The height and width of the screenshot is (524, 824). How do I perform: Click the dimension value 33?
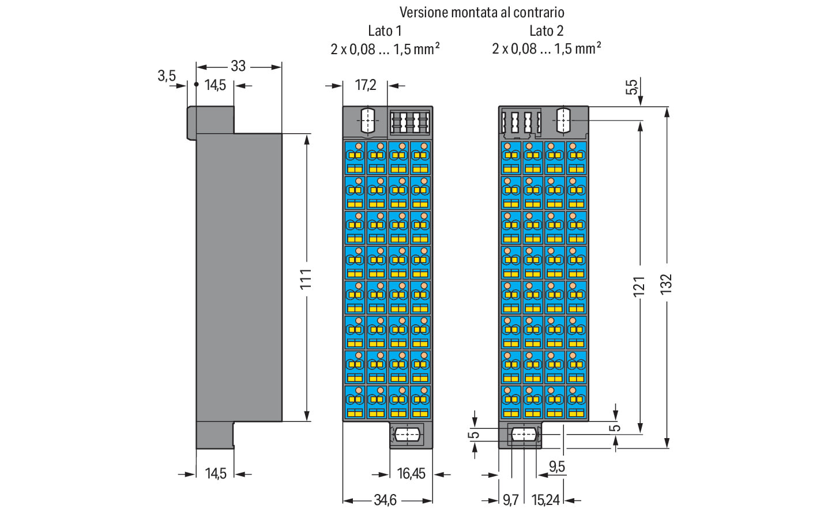pos(238,66)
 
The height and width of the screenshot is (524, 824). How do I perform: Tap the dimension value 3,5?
pos(167,76)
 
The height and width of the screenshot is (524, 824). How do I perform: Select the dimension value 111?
pos(306,278)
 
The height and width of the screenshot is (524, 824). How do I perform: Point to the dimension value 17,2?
pos(366,85)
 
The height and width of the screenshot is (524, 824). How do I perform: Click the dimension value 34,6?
pos(385,500)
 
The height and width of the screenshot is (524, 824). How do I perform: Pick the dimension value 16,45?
pos(411,474)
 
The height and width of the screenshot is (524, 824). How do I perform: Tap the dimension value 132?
pos(666,284)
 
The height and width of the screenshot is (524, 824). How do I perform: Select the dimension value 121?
pos(639,286)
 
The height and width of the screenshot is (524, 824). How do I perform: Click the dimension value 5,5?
pos(632,87)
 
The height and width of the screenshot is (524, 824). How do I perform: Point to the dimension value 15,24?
pos(545,500)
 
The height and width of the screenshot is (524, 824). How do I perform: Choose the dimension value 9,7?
pos(510,500)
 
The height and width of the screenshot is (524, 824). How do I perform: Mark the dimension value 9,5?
pos(557,466)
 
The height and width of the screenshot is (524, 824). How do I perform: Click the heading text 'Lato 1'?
pos(385,31)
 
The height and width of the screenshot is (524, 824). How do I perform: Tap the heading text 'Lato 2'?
pos(546,31)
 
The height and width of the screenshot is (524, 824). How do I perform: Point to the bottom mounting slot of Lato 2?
pos(523,435)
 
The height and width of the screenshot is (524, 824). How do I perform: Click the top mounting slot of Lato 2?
pos(563,121)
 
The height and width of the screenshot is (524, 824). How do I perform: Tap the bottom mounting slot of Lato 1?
pos(407,434)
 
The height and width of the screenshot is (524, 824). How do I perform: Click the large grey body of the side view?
pos(239,277)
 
